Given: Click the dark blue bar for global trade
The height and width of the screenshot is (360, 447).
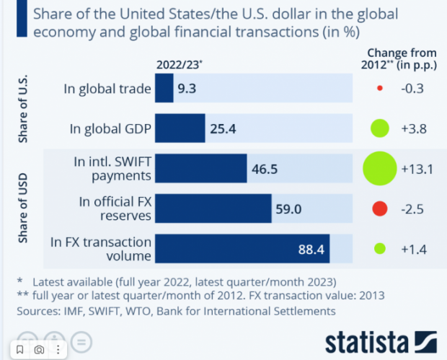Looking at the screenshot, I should click(164, 89).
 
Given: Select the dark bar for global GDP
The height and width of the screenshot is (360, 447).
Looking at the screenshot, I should click(180, 129).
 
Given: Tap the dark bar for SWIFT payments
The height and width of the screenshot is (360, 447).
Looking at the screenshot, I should click(201, 170).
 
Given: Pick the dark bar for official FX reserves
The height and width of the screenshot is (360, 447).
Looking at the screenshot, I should click(213, 209).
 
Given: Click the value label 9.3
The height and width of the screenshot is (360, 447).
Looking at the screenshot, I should click(187, 89).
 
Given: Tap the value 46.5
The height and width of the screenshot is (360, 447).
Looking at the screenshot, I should click(265, 170).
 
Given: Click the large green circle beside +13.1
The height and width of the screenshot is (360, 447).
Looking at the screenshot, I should click(379, 169).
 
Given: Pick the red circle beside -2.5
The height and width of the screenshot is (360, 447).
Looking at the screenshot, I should click(379, 209).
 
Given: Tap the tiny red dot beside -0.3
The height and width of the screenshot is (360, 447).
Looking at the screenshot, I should click(379, 89).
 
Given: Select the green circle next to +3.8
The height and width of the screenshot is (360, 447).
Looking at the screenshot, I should click(379, 129).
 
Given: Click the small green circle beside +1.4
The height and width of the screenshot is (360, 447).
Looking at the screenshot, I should click(379, 249).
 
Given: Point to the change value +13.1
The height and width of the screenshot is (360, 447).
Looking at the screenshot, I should click(416, 170).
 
